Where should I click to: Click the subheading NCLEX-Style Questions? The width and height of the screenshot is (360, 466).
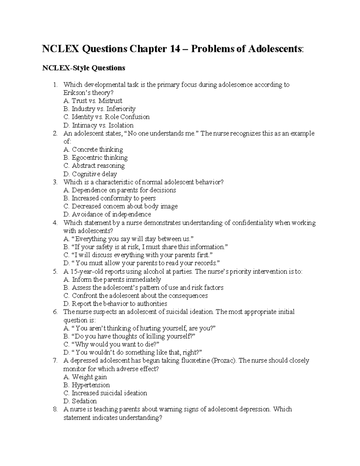click(x=83, y=68)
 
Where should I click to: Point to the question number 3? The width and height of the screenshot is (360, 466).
click(x=55, y=182)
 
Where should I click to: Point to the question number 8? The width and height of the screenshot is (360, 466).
click(x=55, y=409)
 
